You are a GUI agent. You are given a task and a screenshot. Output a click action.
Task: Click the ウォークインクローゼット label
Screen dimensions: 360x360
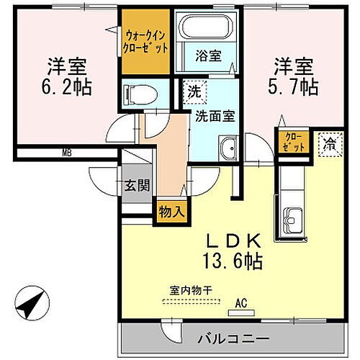click(x=146, y=40)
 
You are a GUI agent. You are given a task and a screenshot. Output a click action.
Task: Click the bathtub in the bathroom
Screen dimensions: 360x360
click(x=208, y=28)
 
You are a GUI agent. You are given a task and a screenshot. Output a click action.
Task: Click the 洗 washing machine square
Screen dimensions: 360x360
click(x=194, y=91)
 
